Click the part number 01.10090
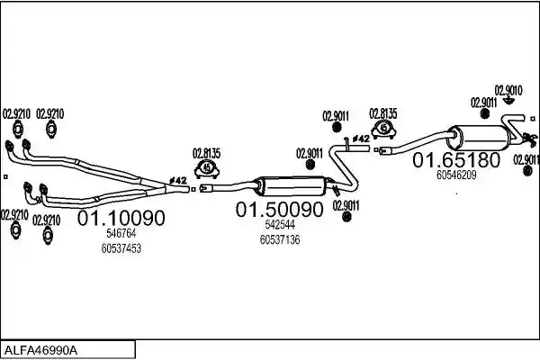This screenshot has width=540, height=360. [121, 218]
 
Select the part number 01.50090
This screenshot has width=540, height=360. [280, 210]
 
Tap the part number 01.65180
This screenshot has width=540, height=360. [456, 160]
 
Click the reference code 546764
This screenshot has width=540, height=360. [121, 233]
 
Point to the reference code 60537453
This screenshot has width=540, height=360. [121, 248]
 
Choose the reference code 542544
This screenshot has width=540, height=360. [280, 225]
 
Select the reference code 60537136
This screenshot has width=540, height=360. [280, 239]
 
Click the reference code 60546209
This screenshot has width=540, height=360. [456, 175]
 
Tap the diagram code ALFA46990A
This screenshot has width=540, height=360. [40, 351]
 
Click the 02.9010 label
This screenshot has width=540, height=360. [508, 91]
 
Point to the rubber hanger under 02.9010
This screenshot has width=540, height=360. [508, 101]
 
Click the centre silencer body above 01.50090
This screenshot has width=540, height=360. [293, 186]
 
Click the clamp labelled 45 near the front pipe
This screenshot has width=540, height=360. [207, 169]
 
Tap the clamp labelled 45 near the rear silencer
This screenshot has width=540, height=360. [383, 129]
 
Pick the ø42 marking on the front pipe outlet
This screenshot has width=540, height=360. [177, 180]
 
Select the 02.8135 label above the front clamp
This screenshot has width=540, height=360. [206, 153]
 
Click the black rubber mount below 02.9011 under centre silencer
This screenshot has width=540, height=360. [346, 217]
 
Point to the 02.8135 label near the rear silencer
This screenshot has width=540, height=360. [383, 113]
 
